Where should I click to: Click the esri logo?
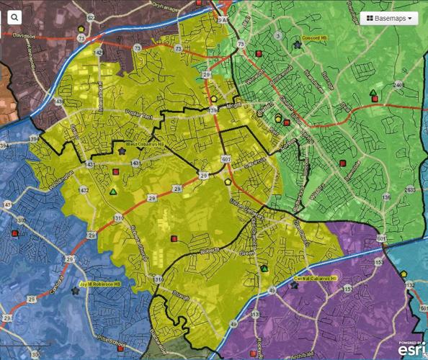point(407,348)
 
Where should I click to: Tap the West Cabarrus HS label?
point(142,144)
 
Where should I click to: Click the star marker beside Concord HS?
point(297,45)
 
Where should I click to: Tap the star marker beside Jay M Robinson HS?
point(76,292)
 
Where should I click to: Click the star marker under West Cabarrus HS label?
point(121,150)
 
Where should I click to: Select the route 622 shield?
point(91,16)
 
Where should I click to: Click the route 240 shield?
point(398,85)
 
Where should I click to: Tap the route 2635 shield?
point(410,189)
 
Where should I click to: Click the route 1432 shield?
point(84,189)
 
